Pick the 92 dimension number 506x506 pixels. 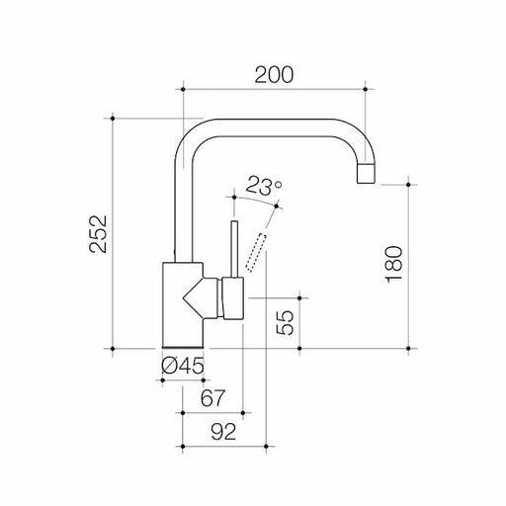224,431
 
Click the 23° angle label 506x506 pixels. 264,185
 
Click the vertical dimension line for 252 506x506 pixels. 118,232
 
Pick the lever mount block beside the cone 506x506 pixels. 232,298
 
